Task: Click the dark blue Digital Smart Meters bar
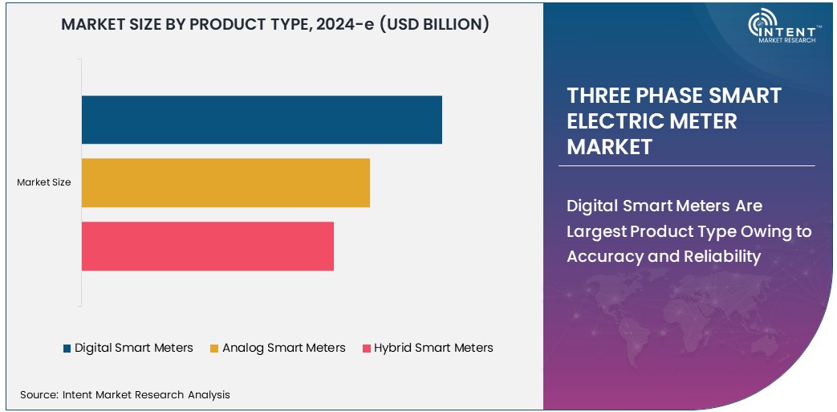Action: pos(262,120)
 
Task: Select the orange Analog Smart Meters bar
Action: pos(226,182)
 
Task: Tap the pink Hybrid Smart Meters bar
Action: pos(207,246)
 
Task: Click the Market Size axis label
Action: pos(44,182)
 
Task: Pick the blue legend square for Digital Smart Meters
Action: pos(67,349)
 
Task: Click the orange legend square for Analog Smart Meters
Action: pos(214,349)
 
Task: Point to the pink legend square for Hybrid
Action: pos(367,349)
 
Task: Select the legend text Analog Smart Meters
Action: pos(284,348)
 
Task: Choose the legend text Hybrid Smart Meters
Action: pos(433,348)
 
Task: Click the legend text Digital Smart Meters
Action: pos(134,348)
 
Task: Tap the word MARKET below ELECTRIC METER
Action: pos(609,147)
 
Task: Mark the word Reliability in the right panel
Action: pos(721,256)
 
